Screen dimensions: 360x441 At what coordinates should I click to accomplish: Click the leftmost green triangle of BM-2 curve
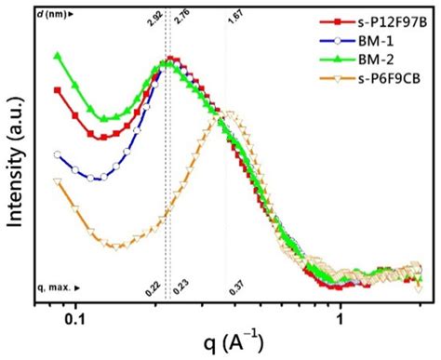(58, 57)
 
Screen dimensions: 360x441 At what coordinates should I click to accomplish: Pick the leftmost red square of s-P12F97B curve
(58, 90)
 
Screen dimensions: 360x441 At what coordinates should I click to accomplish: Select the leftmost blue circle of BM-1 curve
(58, 155)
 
